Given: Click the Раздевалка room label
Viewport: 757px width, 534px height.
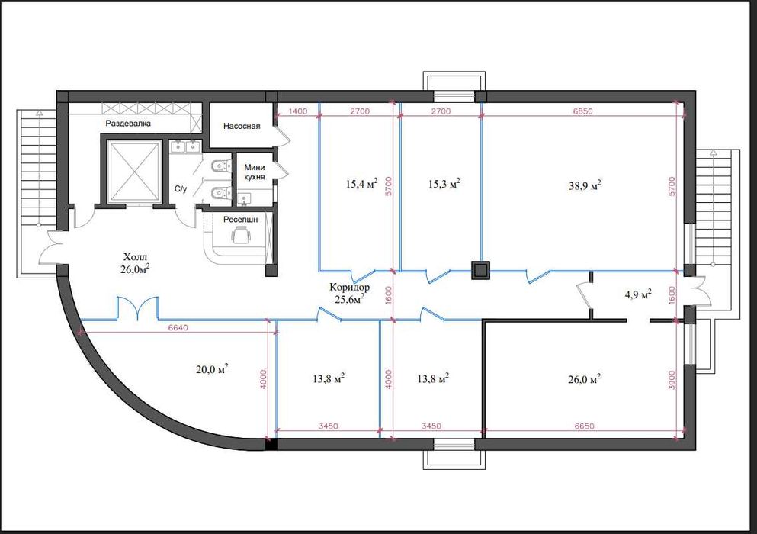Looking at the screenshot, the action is click(128, 124).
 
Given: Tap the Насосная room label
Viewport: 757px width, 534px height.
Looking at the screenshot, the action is click(242, 126).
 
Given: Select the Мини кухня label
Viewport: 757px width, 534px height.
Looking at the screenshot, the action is click(255, 172).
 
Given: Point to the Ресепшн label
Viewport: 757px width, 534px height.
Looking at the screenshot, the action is click(240, 220).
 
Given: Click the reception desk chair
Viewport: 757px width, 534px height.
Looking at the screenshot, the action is click(241, 236).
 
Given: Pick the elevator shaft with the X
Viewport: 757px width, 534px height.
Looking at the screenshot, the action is click(135, 171).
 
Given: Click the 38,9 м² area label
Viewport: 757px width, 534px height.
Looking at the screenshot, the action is click(585, 185).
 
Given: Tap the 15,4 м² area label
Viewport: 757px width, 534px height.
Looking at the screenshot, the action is click(361, 183).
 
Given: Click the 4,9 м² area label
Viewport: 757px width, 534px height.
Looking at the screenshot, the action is click(638, 294).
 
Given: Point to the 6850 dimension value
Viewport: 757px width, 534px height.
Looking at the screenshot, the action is click(582, 111).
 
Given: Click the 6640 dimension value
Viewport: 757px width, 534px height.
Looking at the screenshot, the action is click(178, 328).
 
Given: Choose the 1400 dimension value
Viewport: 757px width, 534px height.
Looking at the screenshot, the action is click(297, 111).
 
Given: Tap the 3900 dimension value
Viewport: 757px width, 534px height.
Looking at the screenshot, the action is click(673, 380).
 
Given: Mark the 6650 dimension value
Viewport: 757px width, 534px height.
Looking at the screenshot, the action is click(584, 426).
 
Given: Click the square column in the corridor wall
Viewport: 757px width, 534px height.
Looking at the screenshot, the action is click(480, 271).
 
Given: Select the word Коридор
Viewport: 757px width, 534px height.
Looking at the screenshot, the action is click(350, 287).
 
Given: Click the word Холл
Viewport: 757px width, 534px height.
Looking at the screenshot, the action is click(135, 256).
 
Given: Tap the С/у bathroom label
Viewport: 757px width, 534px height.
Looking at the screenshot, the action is click(181, 189).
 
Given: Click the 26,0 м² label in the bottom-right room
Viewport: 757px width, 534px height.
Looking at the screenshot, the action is click(585, 379).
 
